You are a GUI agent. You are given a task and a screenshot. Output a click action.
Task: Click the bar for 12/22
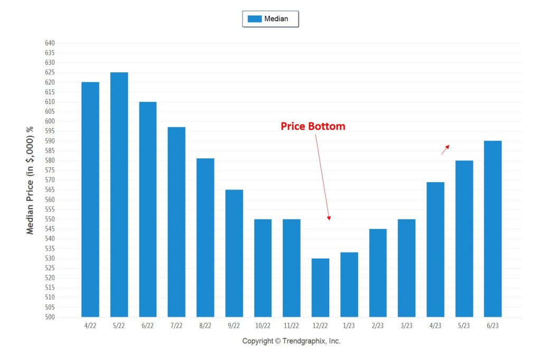[320, 288]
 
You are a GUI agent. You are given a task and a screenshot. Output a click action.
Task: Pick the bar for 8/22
[205, 238]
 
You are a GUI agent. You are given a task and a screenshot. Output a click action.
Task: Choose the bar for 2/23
[378, 273]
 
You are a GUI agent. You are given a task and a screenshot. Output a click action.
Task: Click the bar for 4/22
[90, 200]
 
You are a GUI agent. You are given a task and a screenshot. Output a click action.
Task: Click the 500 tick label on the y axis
[49, 317]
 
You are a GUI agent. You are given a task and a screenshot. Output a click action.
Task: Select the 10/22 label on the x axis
[263, 326]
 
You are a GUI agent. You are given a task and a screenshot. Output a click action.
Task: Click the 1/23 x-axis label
[349, 326]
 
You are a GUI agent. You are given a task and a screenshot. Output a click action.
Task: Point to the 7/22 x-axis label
[176, 326]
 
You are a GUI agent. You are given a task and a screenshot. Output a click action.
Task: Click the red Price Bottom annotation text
[313, 127]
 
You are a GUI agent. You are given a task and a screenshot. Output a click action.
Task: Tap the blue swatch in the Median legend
[255, 19]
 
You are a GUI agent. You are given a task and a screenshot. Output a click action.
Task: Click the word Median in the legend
[276, 19]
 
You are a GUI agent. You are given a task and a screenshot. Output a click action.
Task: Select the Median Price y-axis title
[30, 181]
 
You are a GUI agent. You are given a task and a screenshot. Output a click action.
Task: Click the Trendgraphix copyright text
[291, 341]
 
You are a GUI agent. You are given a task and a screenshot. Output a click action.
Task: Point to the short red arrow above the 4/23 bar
[445, 149]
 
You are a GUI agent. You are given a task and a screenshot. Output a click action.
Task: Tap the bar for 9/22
[234, 253]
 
